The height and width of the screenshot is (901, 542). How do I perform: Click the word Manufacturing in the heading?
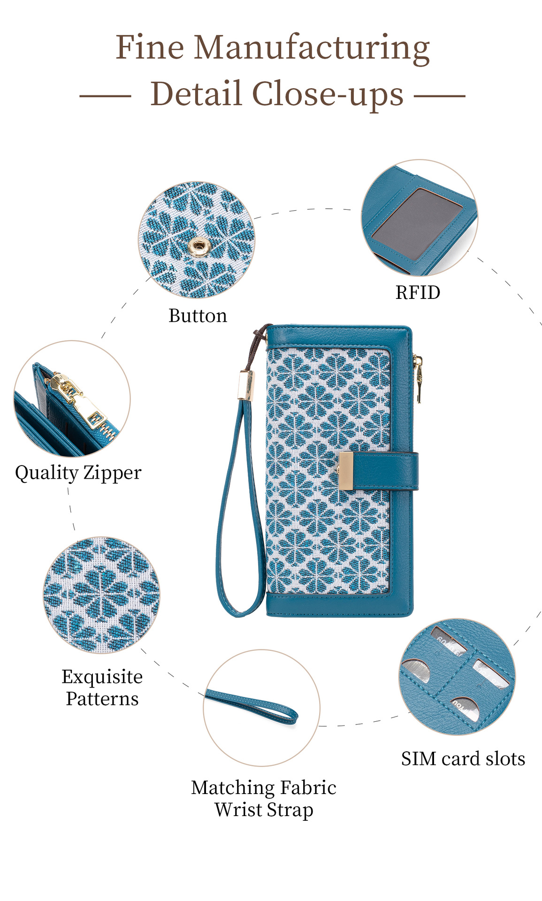[312, 48]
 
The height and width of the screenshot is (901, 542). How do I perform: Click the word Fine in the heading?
[150, 48]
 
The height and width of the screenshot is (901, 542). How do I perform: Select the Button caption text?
[198, 316]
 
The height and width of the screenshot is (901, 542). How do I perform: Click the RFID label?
[418, 293]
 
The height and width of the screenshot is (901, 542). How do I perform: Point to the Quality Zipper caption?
[78, 473]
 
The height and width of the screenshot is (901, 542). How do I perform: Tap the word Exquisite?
[102, 677]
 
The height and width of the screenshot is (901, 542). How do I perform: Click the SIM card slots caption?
[463, 759]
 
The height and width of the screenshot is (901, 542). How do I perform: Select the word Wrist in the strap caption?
[238, 809]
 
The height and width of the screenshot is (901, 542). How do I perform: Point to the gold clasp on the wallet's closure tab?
[346, 471]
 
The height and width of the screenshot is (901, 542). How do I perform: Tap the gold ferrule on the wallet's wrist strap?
[245, 385]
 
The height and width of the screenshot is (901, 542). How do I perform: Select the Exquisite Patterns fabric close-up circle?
[102, 595]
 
